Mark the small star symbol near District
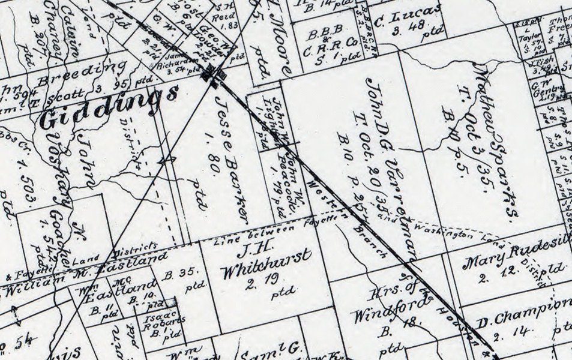167,160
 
